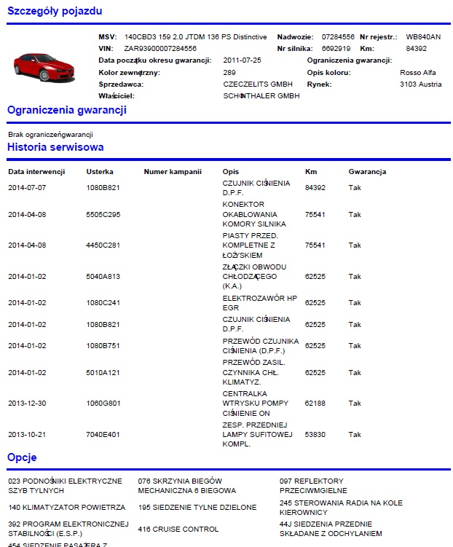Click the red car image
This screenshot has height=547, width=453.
click(x=44, y=66)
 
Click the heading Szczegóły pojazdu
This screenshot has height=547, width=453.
click(x=55, y=11)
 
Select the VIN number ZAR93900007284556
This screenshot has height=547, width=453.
click(x=160, y=48)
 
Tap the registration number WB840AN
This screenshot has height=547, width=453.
click(x=423, y=36)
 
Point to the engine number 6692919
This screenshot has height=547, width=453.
click(x=336, y=48)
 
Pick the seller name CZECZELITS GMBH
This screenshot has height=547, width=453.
click(x=253, y=84)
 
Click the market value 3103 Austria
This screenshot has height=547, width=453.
click(x=421, y=84)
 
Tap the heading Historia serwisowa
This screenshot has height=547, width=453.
click(x=55, y=147)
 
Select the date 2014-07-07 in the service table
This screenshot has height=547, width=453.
click(x=27, y=188)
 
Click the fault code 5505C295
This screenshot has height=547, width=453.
click(x=103, y=215)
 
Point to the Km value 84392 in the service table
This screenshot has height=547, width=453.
click(x=315, y=188)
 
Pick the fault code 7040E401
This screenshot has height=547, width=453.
click(x=103, y=435)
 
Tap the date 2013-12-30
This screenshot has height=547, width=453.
click(x=27, y=404)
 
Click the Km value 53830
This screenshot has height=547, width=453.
click(x=315, y=435)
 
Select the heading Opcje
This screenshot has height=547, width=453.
click(x=22, y=458)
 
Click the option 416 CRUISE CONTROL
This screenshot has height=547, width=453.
click(x=178, y=529)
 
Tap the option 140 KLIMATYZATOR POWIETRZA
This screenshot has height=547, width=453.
click(x=67, y=507)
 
